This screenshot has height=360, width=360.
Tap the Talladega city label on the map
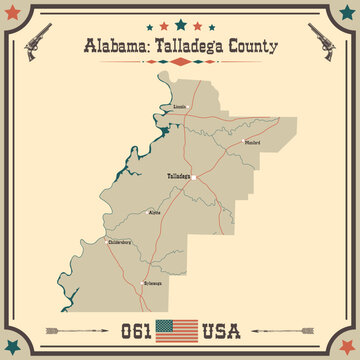tap(179, 175)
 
